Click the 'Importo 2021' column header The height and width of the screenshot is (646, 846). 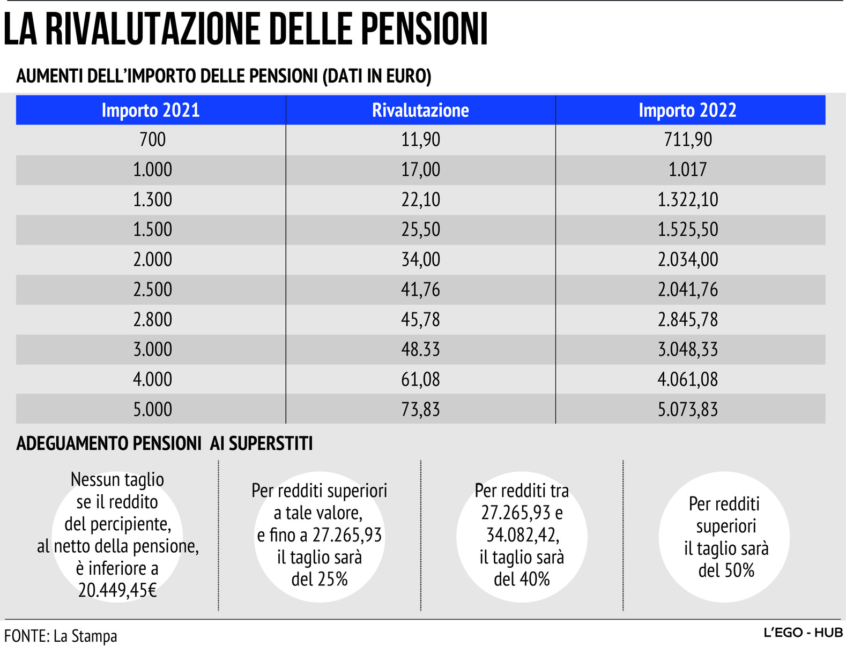point(151,110)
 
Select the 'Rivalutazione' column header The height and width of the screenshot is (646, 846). point(420,110)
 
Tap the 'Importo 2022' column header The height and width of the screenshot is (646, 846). point(687,110)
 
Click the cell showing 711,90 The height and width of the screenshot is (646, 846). point(688,140)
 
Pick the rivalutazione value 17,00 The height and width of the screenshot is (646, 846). point(420,170)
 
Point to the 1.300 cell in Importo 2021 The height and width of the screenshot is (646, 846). point(153,200)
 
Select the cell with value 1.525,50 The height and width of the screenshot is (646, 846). point(688,230)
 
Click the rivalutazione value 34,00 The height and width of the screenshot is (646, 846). point(420,260)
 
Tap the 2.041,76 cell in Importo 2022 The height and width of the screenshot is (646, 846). point(688,290)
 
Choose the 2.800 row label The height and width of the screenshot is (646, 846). point(153,320)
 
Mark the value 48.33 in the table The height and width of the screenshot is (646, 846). point(420,350)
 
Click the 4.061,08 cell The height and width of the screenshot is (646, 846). point(688,380)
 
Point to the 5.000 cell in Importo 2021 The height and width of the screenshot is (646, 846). point(153,410)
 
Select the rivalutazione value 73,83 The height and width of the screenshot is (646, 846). point(420,410)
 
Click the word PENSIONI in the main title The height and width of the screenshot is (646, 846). point(424,29)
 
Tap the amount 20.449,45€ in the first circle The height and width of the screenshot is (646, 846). point(117,590)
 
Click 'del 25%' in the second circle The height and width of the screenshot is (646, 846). point(320,579)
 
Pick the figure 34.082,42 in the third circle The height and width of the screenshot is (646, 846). point(522,535)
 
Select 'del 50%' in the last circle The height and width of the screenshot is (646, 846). point(726,570)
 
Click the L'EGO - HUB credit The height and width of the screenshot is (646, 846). point(803,633)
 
